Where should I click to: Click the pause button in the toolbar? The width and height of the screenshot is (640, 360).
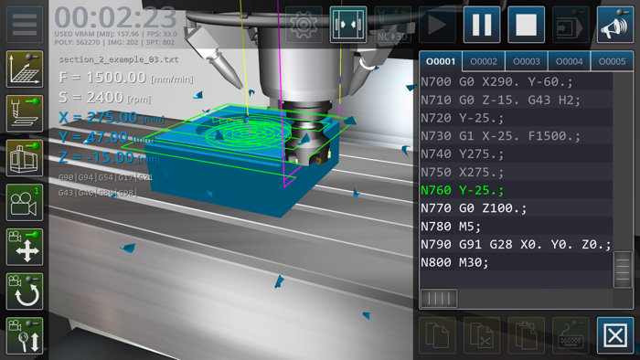481,25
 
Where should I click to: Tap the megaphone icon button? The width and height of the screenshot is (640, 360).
615,25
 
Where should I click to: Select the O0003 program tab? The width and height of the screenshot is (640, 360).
527,61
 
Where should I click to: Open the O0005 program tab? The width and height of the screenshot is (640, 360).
613,61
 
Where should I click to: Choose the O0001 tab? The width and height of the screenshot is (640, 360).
441,61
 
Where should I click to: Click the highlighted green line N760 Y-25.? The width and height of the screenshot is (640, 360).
462,190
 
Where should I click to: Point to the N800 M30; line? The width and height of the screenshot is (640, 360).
454,262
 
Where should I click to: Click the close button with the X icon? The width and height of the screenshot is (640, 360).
615,335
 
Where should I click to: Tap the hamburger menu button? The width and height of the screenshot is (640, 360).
25,25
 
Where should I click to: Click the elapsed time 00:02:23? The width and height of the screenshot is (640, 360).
115,17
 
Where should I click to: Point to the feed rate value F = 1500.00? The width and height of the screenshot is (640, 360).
102,78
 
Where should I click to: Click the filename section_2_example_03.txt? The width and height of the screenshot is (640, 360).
119,59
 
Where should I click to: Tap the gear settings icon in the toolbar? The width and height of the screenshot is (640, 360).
304,25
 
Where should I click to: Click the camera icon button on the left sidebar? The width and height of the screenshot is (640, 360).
25,202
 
